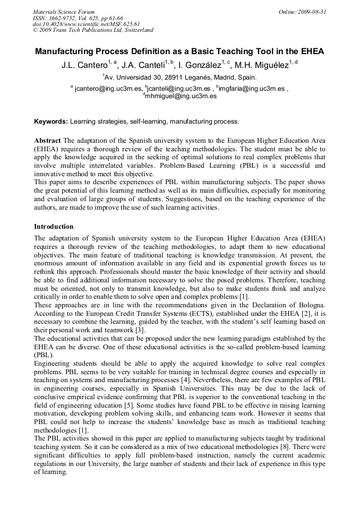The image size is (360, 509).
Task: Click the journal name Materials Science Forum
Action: pos(64,12)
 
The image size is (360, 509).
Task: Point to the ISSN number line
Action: pos(78,18)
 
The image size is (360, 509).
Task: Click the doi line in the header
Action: pos(86,24)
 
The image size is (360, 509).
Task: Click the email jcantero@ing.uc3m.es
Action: pos(108,89)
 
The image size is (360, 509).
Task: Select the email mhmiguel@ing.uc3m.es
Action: pos(182,97)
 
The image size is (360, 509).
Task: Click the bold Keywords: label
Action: pos(51,122)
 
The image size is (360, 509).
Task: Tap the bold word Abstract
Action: pos(47,140)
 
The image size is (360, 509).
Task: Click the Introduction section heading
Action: pos(54,227)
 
